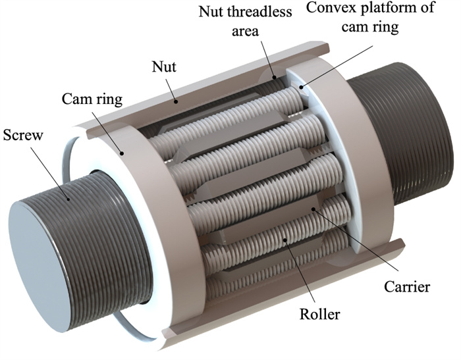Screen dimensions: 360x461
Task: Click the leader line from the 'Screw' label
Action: coord(56,168)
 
